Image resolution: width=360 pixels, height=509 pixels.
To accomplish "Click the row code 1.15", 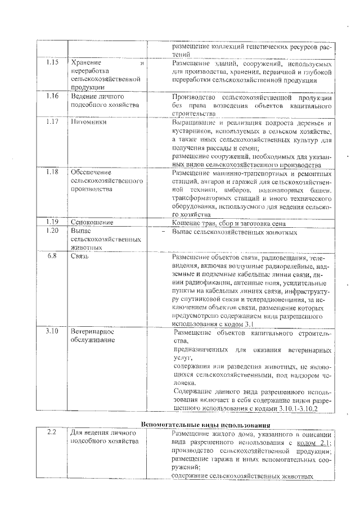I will click(x=52, y=63).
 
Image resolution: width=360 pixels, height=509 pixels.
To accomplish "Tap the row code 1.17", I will click(x=52, y=121).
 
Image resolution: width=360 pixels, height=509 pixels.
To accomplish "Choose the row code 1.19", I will click(x=52, y=222).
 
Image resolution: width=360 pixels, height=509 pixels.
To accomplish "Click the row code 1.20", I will click(x=52, y=231).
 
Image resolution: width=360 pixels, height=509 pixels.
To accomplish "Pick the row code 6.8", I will click(x=52, y=256).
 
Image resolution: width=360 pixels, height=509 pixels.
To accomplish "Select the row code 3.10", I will click(x=52, y=331).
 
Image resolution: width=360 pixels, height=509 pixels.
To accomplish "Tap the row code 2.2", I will click(x=52, y=433).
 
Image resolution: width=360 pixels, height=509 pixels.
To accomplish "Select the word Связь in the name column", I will click(x=81, y=256).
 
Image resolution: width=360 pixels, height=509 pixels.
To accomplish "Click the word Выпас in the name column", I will click(x=82, y=231).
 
